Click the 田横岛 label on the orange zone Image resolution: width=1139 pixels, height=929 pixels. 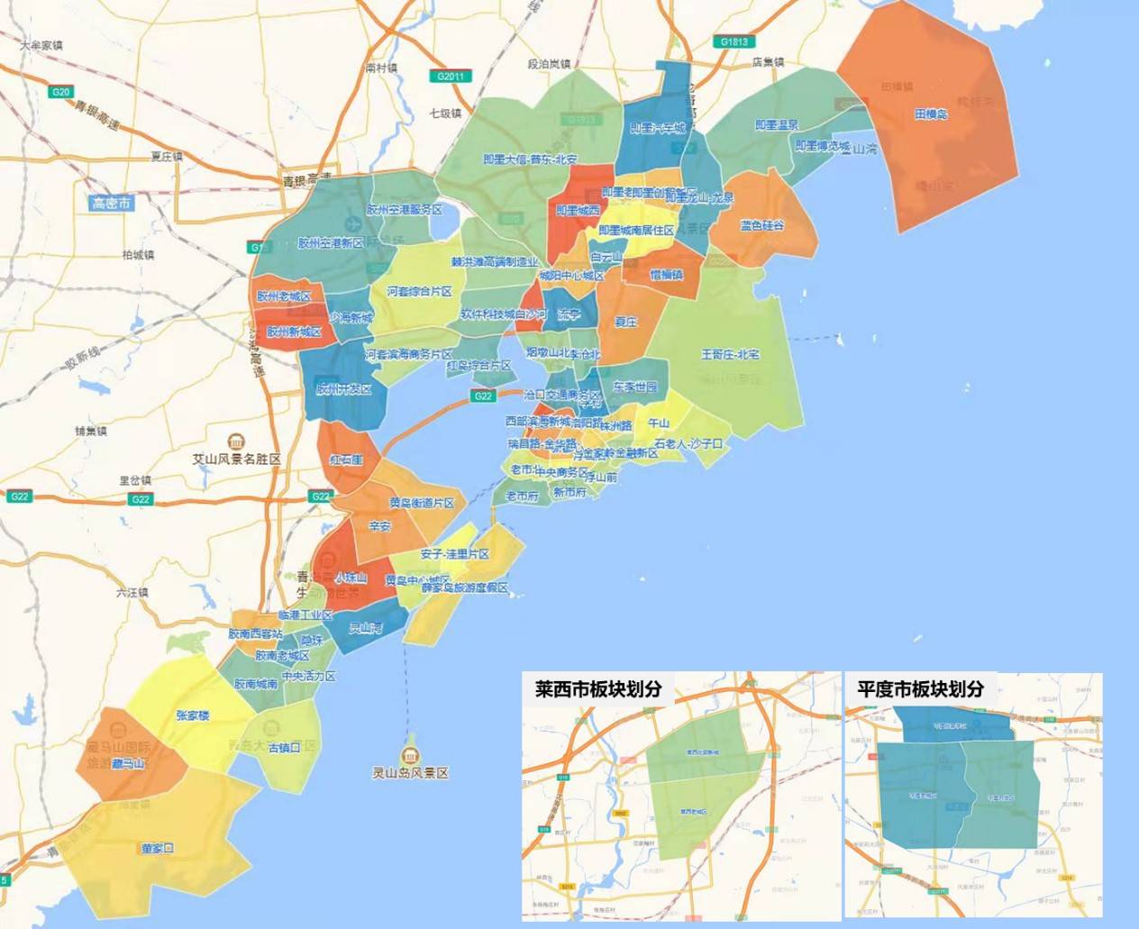click(931, 114)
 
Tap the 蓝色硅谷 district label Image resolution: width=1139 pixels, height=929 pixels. click(762, 225)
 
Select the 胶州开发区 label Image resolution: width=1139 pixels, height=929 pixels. click(343, 389)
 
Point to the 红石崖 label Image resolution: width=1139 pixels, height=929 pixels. click(345, 460)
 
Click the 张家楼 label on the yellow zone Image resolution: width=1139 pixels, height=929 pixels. click(193, 715)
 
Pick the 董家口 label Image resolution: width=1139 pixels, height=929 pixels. click(157, 848)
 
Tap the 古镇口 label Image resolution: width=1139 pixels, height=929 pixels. click(283, 747)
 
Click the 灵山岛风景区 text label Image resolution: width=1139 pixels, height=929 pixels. click(410, 773)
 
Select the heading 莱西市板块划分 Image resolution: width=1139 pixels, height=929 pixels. click(598, 689)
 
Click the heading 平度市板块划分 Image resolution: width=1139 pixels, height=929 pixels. click(920, 689)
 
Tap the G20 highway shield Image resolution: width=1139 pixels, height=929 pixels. click(60, 92)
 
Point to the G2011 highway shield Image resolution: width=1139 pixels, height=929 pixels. click(450, 77)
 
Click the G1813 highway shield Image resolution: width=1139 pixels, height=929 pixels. click(734, 41)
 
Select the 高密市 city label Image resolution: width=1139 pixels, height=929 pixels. click(112, 204)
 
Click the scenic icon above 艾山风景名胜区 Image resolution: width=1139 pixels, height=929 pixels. click(236, 442)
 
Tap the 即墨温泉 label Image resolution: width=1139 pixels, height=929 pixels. click(777, 125)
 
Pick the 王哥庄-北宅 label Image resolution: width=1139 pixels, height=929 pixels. click(730, 354)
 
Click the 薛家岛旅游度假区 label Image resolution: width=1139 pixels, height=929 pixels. click(464, 587)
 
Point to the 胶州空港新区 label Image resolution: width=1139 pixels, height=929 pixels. click(330, 242)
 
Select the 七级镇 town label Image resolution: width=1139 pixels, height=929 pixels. click(444, 114)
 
